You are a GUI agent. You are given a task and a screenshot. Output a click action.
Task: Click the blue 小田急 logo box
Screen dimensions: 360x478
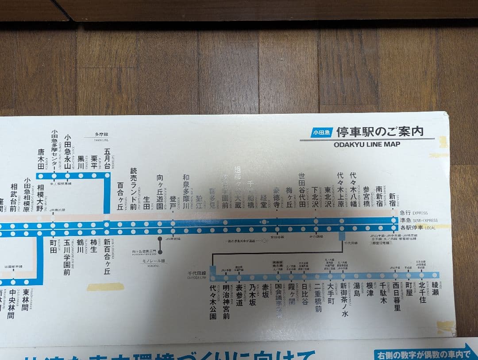point(321,132)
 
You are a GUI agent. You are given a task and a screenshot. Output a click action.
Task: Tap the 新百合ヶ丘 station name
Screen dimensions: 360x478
point(107,257)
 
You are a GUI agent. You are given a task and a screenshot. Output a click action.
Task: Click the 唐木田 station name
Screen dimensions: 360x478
point(41,159)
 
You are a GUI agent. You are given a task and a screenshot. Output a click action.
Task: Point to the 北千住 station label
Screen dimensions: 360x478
point(422,293)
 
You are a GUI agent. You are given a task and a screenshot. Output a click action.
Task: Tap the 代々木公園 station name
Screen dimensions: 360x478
point(213,301)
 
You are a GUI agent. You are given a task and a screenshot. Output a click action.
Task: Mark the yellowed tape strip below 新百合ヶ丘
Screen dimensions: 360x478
point(105,287)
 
